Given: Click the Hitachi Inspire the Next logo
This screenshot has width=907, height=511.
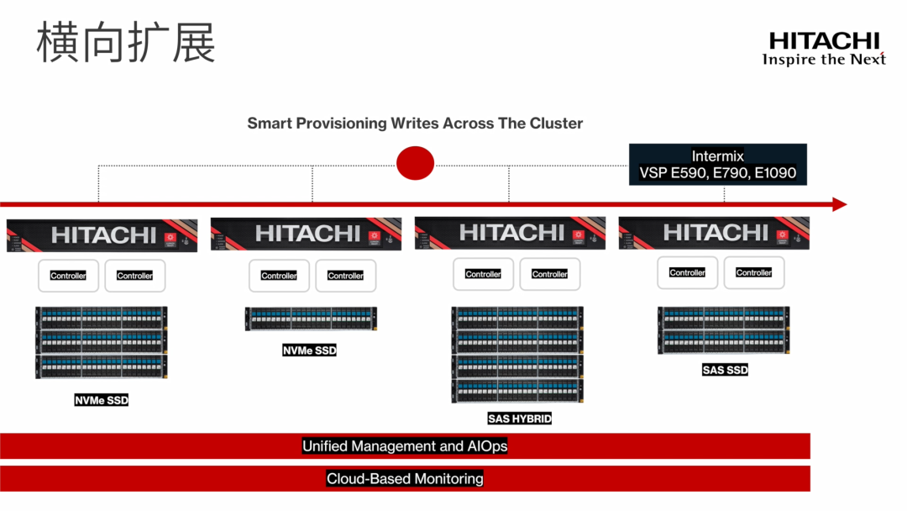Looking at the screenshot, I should coord(824,48).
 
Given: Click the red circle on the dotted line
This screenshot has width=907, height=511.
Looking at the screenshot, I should coord(415,162).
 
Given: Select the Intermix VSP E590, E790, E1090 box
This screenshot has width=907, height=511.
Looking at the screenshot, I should coord(718,165).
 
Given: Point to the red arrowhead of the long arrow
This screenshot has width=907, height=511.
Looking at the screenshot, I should coord(839,204).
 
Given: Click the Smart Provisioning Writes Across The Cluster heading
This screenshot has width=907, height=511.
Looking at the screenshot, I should coord(415,124).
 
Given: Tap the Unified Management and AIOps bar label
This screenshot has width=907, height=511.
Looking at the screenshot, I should coord(405,446).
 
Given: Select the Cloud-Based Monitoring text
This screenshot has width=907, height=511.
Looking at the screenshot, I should coord(405,479).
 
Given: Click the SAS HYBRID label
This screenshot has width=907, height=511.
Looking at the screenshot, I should coord(519,418).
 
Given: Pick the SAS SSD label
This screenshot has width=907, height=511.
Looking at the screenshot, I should coord(725,370).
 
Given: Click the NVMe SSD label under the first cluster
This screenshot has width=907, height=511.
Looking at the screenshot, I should coord(102,401).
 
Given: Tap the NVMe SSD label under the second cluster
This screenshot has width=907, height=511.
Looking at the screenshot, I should coord(309,350).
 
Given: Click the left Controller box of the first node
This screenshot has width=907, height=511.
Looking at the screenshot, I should coord(68,276).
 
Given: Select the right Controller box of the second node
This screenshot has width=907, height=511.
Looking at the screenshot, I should coord(346,276).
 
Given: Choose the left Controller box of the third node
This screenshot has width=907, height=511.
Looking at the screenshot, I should coord(483,274).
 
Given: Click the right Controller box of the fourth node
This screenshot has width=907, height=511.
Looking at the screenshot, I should coord(754,272).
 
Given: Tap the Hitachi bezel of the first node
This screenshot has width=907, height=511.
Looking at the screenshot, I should coord(102,235).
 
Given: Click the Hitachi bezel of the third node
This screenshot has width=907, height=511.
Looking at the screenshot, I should coord(511,233).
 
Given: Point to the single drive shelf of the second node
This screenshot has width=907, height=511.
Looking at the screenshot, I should coord(311,319).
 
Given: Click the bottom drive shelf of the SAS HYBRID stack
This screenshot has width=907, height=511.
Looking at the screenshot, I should coord(517,391).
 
